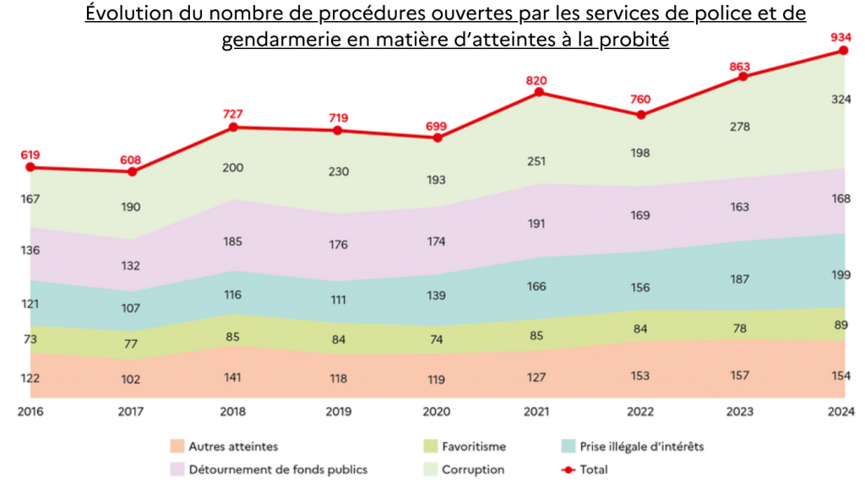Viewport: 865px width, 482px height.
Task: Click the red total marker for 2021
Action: (x=537, y=92)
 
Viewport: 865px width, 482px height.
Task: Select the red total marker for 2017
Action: (x=132, y=171)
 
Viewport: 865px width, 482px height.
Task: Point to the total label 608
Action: (x=132, y=159)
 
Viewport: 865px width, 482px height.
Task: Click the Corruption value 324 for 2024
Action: (x=841, y=100)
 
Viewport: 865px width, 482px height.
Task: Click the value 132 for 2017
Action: (x=130, y=266)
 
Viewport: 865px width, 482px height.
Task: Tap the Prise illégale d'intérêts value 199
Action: (x=841, y=275)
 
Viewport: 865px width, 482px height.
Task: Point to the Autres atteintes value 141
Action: (x=233, y=378)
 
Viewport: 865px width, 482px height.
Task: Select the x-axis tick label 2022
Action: (x=639, y=411)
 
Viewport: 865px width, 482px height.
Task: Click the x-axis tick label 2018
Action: (x=234, y=411)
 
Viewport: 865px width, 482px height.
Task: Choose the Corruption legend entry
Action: (x=472, y=469)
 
